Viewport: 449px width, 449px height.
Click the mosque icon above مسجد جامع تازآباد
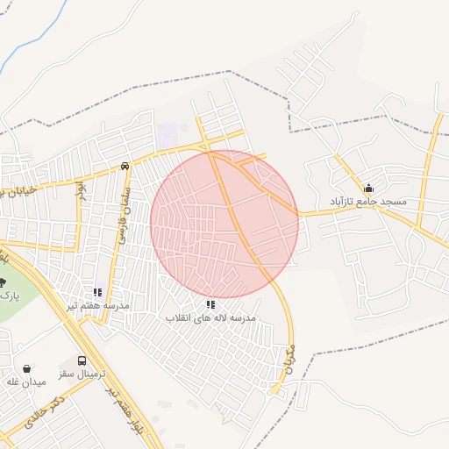pos(368,188)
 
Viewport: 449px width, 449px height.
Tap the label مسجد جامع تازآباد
pos(368,202)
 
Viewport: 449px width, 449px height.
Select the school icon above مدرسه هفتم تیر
pos(98,292)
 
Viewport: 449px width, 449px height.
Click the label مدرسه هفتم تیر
pos(98,305)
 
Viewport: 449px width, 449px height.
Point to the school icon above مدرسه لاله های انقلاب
pos(210,304)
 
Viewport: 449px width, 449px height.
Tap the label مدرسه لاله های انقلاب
pos(210,317)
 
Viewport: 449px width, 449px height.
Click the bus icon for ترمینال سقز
pos(82,360)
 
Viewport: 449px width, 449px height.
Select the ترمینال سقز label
pos(82,374)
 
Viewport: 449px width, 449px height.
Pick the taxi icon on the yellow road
pos(125,165)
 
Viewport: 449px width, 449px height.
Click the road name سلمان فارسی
pos(125,215)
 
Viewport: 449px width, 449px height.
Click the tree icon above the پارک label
pos(3,282)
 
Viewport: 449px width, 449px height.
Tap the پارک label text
pos(9,296)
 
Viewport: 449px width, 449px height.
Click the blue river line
pos(26,44)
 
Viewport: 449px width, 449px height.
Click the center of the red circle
pos(224,224)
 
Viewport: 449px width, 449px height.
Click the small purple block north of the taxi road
pos(167,136)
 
